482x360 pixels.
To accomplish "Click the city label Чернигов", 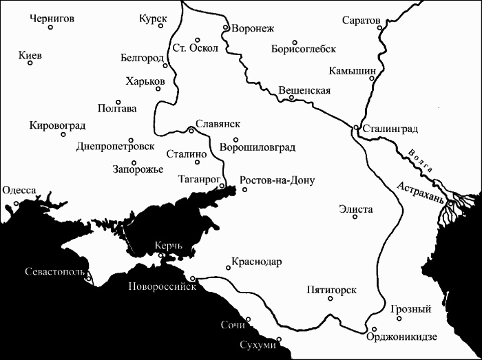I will [x=52, y=19].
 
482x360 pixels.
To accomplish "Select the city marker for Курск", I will [x=161, y=26].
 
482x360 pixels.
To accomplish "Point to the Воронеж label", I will [x=253, y=28].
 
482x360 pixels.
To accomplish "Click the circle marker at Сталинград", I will [x=355, y=127].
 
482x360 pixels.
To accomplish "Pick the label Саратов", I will [x=361, y=20].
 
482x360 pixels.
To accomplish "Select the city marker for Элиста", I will [x=355, y=217].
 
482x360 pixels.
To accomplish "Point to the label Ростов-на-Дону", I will [x=277, y=181].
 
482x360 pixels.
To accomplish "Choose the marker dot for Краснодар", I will [x=228, y=267].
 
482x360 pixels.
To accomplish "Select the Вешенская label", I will [x=305, y=90].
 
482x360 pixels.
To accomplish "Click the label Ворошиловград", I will [x=257, y=147].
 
